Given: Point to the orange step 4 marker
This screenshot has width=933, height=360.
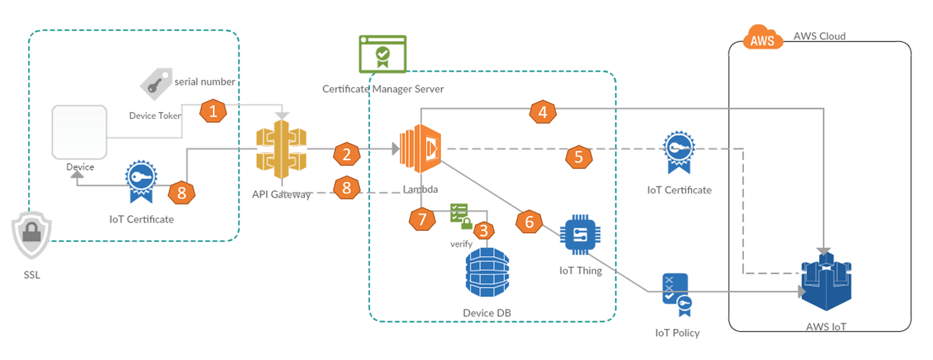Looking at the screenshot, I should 543,112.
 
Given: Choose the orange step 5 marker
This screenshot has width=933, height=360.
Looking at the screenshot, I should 578,156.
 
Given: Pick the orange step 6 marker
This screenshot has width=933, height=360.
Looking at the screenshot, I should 529,222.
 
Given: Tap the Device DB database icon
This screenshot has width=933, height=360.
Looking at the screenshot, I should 487,273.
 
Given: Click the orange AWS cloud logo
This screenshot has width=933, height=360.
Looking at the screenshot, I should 763,40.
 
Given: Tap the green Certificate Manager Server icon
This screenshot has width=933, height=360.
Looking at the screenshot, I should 382,54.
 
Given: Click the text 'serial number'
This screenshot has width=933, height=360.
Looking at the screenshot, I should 204,81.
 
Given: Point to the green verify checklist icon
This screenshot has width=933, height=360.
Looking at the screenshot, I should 460,215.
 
